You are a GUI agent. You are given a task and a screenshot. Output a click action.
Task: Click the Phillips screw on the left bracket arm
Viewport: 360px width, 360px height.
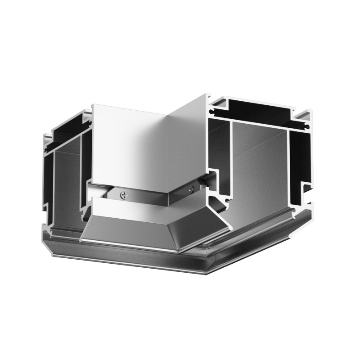[x=124, y=195]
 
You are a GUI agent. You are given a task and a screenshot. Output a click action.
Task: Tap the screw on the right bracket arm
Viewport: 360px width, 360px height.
[x=192, y=189]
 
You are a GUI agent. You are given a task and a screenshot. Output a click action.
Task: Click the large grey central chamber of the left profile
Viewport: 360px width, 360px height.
[x=67, y=184]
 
